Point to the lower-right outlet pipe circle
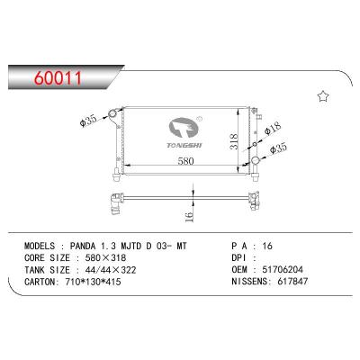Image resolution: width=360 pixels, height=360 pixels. [x=256, y=161]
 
